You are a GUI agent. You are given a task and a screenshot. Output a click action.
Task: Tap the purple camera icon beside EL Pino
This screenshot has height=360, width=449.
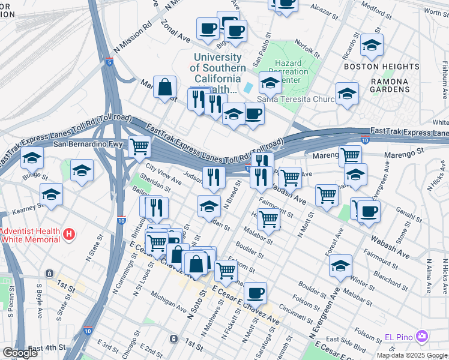pos(422,335)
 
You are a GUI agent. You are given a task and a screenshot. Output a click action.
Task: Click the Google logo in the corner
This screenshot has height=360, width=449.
pos(20,353)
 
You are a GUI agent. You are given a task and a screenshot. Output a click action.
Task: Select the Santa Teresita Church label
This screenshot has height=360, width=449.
pos(291,100)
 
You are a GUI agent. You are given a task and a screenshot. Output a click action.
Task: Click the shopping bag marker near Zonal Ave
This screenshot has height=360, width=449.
pos(164,88)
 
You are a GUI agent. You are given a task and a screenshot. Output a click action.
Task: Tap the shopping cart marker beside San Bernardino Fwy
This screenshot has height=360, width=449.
pos(139,145)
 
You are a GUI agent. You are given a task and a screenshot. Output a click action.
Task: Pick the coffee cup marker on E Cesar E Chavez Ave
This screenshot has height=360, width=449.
pos(255,293)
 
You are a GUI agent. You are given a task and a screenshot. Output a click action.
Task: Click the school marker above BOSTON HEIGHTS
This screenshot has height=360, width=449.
pos(372,45)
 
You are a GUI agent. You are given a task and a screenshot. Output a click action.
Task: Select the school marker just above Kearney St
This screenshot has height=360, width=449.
pos(52,194)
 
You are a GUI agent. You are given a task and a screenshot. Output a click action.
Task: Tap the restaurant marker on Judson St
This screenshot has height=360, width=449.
pos(214,176)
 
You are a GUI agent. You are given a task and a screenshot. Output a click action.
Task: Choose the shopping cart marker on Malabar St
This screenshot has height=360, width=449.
pos(268,219)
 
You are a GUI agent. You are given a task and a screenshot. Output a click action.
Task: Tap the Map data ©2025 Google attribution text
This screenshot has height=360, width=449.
pos(412,355)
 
